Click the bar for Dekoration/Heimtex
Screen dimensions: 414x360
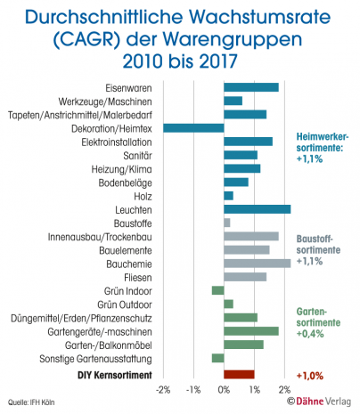click(x=193, y=128)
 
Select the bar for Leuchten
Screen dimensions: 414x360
click(x=257, y=209)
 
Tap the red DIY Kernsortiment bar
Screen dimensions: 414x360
click(x=239, y=375)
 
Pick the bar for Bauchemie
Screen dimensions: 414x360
click(x=257, y=263)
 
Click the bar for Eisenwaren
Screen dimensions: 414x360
click(x=250, y=87)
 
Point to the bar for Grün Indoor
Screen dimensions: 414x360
click(x=217, y=290)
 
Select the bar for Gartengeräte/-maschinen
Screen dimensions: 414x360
click(x=250, y=330)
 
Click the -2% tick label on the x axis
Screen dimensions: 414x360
click(x=163, y=390)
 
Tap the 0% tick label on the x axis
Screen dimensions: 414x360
click(x=224, y=390)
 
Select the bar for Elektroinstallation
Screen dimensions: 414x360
click(x=248, y=142)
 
